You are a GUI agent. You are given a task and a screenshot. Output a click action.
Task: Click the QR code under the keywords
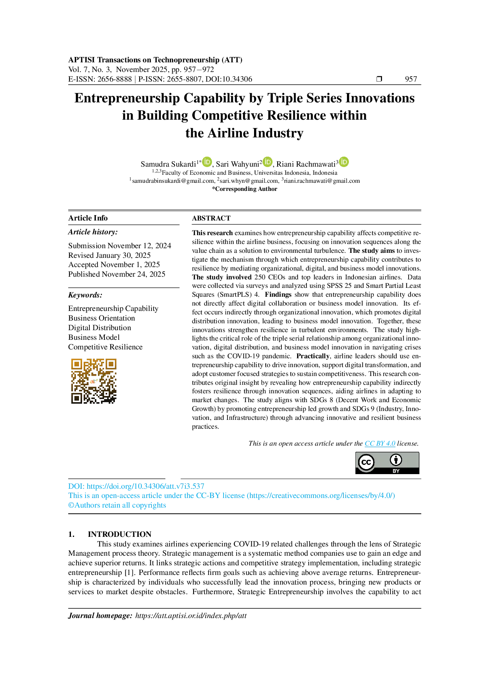pos(94,381)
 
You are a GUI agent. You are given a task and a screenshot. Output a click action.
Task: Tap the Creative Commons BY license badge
pos(387,463)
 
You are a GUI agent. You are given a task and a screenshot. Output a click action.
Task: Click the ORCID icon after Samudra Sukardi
pos(207,162)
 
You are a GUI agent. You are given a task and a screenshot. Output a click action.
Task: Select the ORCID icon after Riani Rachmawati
pos(344,162)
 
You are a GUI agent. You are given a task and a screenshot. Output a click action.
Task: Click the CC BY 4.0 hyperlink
pos(380,443)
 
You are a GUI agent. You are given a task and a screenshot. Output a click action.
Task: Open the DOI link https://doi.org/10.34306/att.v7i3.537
pos(145,486)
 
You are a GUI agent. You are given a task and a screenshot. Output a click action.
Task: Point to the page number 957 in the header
pos(411,79)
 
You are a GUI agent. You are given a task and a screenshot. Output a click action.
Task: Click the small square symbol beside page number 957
pos(379,79)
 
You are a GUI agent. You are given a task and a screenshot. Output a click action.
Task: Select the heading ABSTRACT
pos(211,218)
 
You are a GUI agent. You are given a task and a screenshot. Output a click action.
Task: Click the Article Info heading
pos(88,218)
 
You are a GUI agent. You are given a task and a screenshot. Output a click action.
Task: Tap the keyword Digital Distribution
pos(99,327)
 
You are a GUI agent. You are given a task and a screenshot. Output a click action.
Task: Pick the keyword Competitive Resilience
pos(105,347)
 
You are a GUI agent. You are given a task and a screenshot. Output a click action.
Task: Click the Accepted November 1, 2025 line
pos(114,264)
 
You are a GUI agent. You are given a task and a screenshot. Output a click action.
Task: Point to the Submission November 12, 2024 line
pos(119,246)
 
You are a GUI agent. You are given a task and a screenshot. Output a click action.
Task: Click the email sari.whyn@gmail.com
pos(249,181)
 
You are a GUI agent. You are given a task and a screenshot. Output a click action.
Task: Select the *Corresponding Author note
pos(244,189)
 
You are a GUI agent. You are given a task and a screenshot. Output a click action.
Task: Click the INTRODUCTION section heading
pos(119,534)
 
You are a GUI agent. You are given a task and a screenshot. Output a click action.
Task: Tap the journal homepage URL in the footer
pos(191,616)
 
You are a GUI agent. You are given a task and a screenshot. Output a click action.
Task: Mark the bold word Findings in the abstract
pos(278,294)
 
